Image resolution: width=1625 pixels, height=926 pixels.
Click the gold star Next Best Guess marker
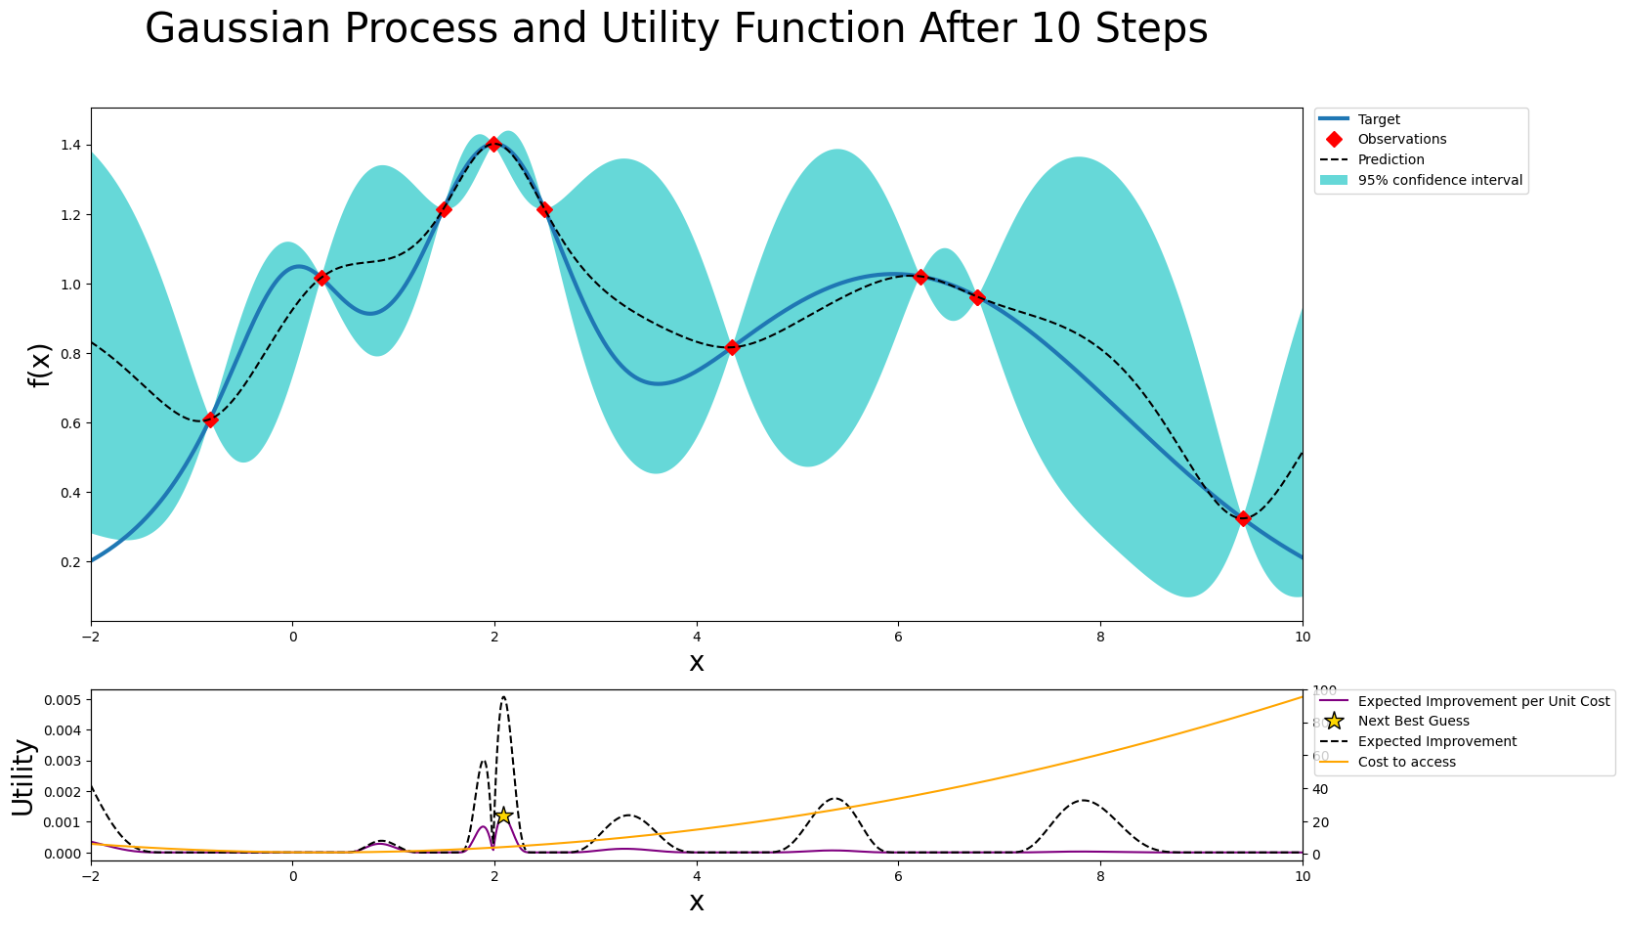[x=503, y=816]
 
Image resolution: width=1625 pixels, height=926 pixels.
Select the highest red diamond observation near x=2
[x=493, y=144]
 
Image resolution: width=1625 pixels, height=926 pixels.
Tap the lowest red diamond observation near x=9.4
[x=1243, y=518]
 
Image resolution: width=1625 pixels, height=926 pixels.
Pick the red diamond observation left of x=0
[x=210, y=419]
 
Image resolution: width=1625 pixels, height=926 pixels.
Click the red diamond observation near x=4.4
[x=733, y=348]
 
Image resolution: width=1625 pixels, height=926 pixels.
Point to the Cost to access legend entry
[x=1406, y=762]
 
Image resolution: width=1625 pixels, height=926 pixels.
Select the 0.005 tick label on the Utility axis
[x=61, y=700]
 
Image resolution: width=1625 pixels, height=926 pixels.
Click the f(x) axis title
[x=39, y=365]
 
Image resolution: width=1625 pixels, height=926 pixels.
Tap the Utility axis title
[x=22, y=776]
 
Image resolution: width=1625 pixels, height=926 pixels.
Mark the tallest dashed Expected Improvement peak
[x=503, y=697]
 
